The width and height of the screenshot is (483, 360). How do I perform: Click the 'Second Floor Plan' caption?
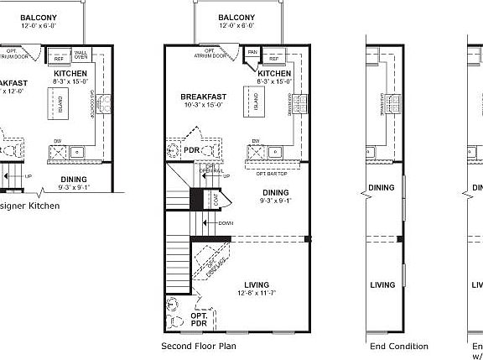[198, 346]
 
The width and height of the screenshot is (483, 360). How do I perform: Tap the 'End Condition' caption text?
[398, 346]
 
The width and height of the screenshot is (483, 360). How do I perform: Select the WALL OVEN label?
[82, 57]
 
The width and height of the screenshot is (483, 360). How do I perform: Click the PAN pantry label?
[252, 50]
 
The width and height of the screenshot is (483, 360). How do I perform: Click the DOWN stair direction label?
[225, 223]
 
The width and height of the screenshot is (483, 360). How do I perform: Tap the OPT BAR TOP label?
[272, 173]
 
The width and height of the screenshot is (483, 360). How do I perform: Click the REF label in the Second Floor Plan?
[274, 59]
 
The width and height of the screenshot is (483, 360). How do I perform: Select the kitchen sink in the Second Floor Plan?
[255, 151]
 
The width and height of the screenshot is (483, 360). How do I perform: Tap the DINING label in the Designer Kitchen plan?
[75, 178]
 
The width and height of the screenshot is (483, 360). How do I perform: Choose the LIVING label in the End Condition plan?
[382, 285]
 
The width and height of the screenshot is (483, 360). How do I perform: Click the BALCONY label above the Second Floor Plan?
[236, 18]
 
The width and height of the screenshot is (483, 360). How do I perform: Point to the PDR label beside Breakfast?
[191, 150]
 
